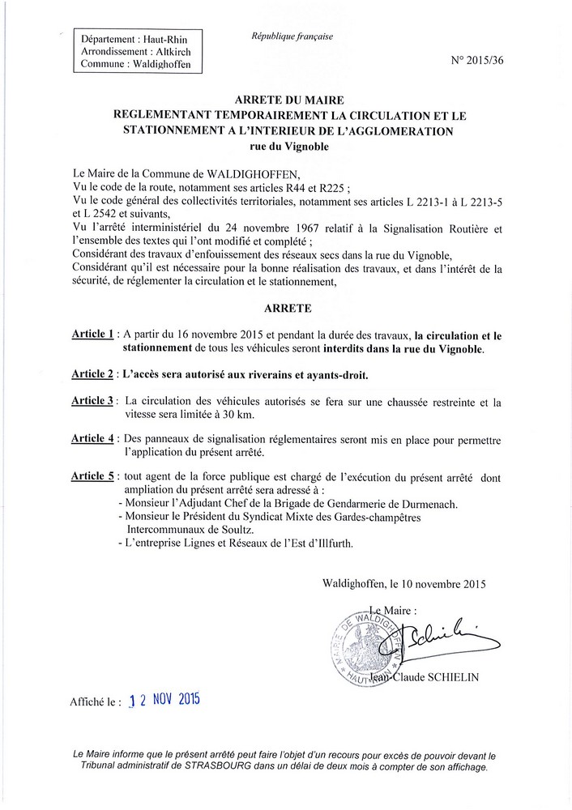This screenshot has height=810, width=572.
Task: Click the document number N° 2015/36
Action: click(503, 60)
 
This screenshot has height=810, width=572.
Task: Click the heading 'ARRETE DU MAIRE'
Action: click(287, 100)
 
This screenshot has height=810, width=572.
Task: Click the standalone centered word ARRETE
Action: click(286, 309)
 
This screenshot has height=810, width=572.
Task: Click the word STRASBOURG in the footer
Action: click(204, 767)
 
